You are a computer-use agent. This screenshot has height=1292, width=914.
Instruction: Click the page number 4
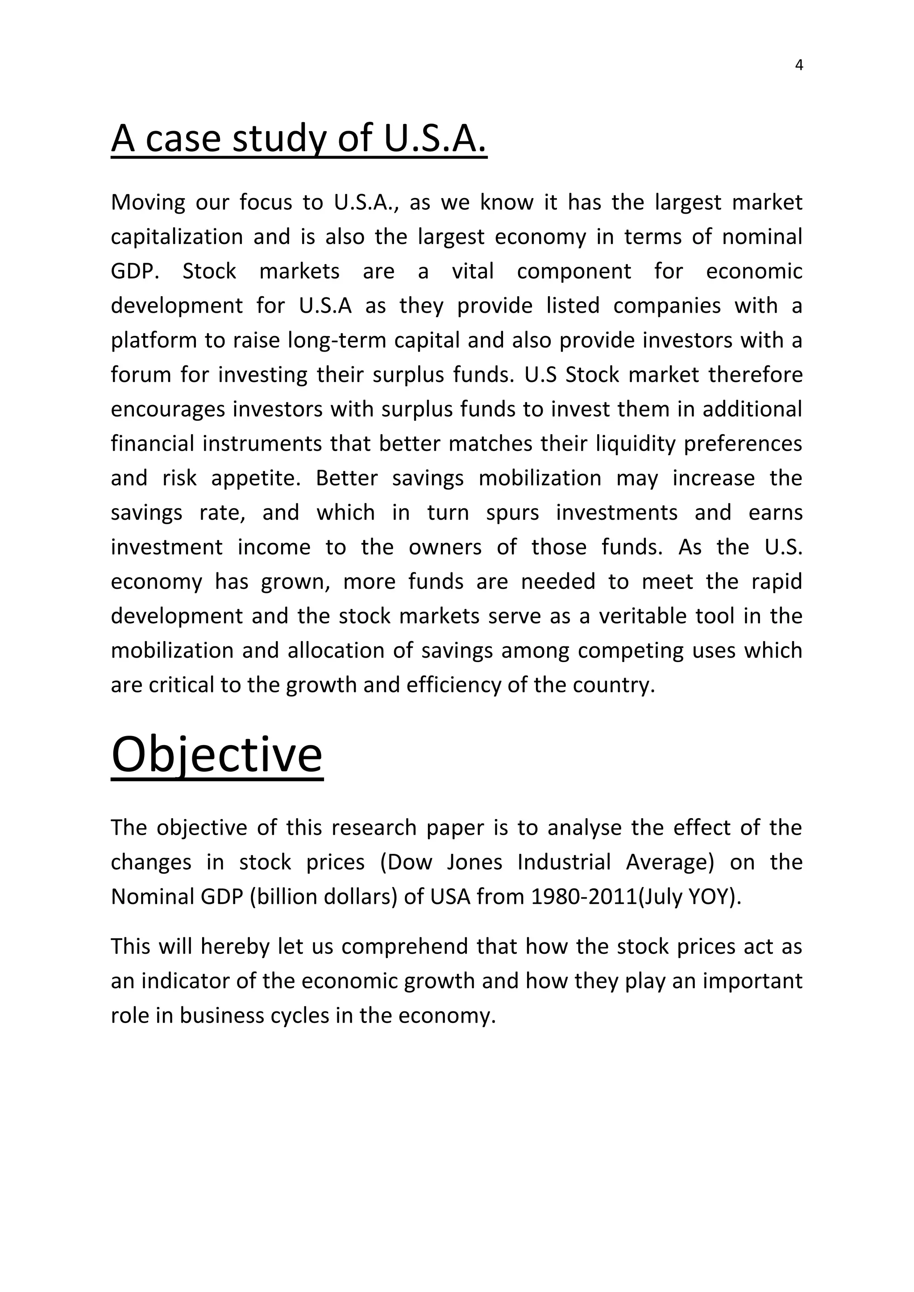pos(798,65)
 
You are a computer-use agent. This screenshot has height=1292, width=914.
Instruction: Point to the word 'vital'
pos(472,271)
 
